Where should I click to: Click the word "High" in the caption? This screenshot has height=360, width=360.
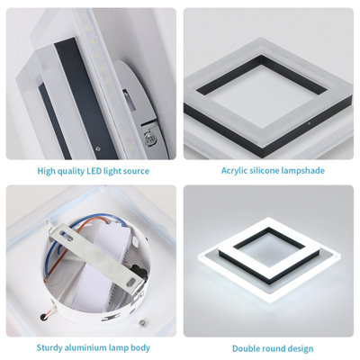47,170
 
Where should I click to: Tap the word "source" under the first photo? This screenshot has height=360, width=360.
134,170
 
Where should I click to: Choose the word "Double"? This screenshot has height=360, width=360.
247,347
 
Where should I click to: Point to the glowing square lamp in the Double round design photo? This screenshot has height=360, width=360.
270,261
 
